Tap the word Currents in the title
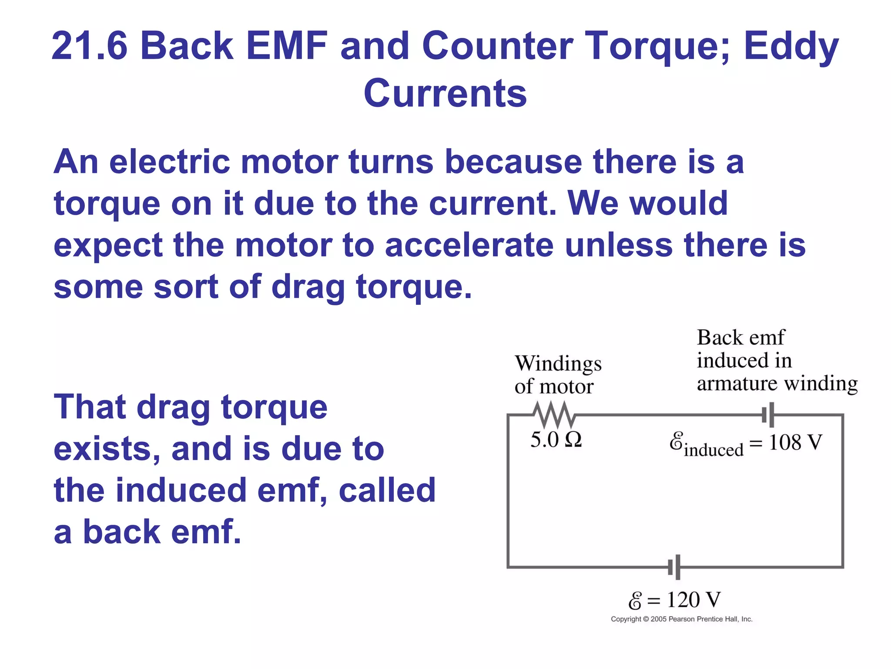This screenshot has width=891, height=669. click(445, 94)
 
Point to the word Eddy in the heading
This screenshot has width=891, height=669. click(791, 47)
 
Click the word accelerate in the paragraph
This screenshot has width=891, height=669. click(469, 245)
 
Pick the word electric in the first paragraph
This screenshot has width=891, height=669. click(169, 162)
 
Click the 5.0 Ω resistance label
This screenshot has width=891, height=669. click(556, 440)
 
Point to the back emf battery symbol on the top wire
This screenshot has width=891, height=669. click(768, 415)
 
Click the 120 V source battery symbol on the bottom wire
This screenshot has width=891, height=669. click(674, 567)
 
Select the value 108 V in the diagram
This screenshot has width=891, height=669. click(795, 443)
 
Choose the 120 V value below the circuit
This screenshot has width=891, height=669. click(693, 600)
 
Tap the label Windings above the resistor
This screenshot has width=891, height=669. click(558, 364)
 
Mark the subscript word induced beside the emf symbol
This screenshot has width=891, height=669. click(713, 450)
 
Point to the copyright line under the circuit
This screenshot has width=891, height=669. click(681, 619)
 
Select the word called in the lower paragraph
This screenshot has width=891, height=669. click(387, 490)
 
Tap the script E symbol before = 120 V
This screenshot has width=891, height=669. click(635, 601)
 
